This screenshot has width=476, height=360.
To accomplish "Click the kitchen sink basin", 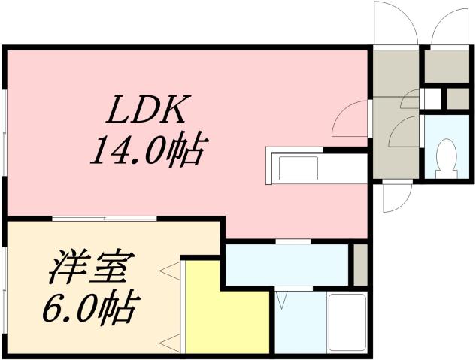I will point(298,169).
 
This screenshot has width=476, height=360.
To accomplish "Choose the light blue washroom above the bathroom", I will point(288,265).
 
